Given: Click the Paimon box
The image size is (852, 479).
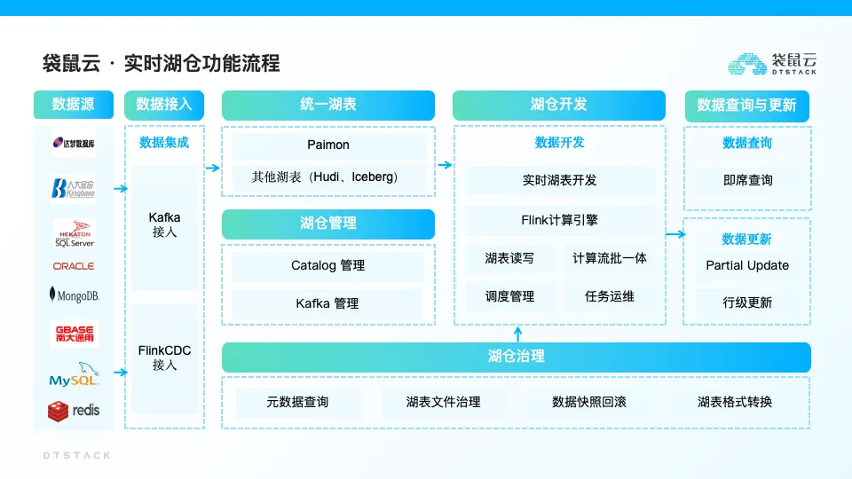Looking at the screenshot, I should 327,145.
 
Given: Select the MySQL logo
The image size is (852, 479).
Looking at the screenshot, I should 74,374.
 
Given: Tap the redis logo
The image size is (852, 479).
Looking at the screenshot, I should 74,410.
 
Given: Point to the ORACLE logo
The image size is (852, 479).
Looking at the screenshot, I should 74,266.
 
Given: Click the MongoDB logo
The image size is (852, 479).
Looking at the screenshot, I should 74,295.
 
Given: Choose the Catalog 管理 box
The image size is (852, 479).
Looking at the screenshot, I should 327,265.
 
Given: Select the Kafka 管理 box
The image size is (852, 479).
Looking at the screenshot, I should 327,303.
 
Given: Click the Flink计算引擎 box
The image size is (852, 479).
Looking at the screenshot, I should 559,220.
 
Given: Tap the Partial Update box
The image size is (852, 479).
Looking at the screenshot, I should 747,265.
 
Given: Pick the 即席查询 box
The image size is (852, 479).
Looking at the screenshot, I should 747,180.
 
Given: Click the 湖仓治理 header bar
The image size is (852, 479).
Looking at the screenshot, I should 516,357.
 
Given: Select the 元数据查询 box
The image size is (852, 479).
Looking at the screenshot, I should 297,402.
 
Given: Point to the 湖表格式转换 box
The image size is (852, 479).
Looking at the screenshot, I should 735,402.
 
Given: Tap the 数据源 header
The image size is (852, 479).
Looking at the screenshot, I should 74,105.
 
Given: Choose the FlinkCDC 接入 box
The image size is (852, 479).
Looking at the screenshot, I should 164,357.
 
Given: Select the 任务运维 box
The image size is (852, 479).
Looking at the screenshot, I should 610,296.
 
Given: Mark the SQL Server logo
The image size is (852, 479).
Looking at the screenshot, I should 74,232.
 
